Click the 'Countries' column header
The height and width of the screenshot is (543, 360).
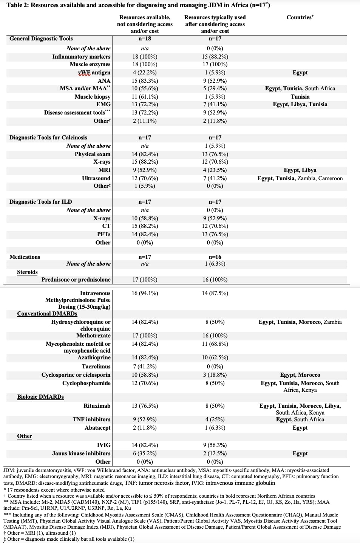click(x=300, y=17)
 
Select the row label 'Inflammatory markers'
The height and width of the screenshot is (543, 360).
click(x=81, y=57)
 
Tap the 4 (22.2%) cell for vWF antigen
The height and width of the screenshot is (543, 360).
click(x=145, y=73)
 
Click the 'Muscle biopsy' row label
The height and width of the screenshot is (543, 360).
click(x=93, y=97)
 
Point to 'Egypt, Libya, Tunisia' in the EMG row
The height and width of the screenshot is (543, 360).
click(x=300, y=104)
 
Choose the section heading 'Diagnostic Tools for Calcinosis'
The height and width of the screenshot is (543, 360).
click(x=48, y=138)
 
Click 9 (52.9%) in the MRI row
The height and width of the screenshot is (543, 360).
click(x=145, y=170)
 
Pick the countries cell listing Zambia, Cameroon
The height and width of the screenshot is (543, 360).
click(x=300, y=178)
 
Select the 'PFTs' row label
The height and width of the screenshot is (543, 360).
click(x=104, y=234)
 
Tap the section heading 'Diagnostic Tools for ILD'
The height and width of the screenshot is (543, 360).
click(x=40, y=202)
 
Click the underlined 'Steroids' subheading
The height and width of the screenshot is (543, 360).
click(x=27, y=272)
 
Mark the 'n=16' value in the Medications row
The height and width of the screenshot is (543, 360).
click(x=215, y=257)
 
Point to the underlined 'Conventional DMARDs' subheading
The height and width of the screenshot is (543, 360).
click(x=47, y=314)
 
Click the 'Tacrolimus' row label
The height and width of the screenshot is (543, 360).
click(x=96, y=367)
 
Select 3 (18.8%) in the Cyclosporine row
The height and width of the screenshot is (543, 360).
click(x=215, y=375)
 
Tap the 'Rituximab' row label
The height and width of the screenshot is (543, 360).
click(x=97, y=406)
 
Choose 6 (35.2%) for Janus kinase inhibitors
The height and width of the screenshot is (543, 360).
click(x=145, y=453)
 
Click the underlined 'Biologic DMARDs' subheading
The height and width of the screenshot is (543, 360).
click(x=40, y=397)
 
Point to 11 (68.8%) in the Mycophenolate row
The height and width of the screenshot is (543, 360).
click(x=215, y=344)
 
